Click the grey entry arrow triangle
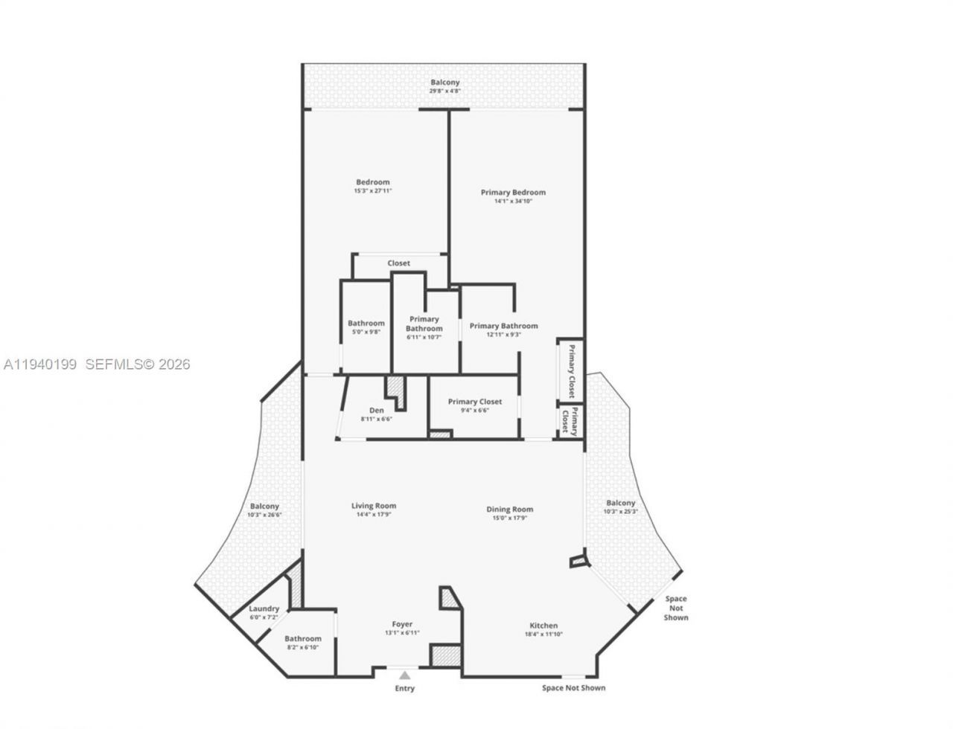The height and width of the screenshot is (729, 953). tap(404, 675)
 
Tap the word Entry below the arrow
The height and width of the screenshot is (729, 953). tap(404, 688)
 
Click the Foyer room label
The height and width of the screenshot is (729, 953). tap(402, 624)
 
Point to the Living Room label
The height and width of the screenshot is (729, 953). tap(374, 506)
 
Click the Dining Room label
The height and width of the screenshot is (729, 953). tap(510, 509)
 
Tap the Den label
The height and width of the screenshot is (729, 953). tap(377, 410)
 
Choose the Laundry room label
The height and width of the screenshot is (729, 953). tap(264, 608)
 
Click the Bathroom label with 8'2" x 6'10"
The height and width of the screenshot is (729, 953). tap(303, 638)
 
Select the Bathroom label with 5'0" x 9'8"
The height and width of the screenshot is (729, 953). tap(366, 323)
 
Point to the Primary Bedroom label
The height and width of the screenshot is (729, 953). tap(513, 192)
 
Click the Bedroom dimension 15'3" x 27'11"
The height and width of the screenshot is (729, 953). tap(372, 191)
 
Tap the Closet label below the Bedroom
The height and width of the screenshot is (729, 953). tap(398, 263)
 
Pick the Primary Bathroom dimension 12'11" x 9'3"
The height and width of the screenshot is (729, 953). tap(504, 335)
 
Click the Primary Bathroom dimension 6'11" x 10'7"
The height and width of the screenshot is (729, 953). tap(424, 337)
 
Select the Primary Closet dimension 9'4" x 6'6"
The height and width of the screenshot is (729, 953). tap(474, 410)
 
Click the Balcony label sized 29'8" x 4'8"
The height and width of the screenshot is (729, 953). tap(445, 83)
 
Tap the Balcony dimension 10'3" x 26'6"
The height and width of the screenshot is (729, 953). tap(264, 515)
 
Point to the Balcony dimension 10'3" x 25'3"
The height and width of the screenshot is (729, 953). tap(620, 511)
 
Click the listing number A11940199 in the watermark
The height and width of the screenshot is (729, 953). tap(41, 364)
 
